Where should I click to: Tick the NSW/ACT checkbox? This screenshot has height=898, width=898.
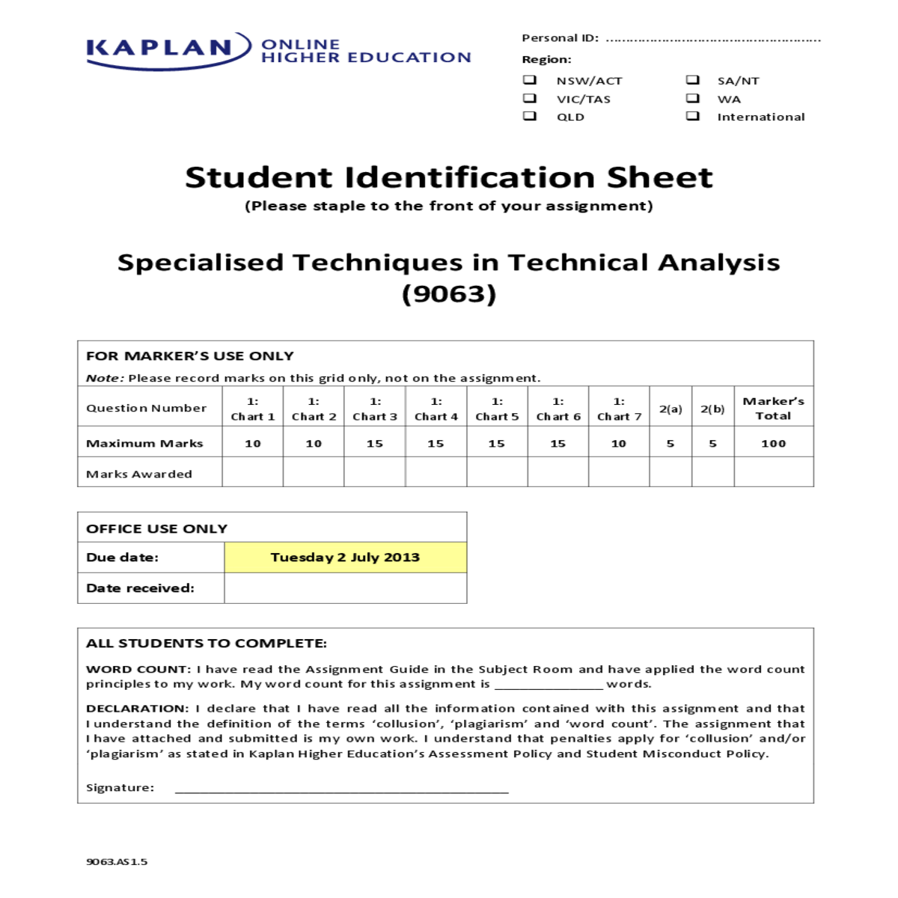point(530,79)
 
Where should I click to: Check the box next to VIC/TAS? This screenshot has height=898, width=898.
point(530,98)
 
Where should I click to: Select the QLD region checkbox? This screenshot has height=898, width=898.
point(530,116)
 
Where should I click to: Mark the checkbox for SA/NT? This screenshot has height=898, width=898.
point(693,79)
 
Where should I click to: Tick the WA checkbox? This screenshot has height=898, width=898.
point(693,98)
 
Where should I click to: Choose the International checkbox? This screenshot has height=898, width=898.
point(693,116)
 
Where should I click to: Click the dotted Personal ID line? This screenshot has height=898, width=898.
point(712,40)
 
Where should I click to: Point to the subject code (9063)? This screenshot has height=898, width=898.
point(449,293)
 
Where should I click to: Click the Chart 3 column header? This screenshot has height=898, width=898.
point(375,409)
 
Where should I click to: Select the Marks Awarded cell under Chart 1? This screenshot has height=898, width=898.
point(253,473)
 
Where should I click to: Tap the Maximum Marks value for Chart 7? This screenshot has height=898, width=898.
point(619,444)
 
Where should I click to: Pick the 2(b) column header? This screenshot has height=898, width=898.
point(712,409)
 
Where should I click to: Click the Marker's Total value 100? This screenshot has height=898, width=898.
point(774,444)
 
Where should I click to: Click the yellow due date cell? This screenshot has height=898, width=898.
point(345,558)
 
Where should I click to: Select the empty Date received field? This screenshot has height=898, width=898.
point(345,588)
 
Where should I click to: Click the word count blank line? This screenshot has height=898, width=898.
point(549,684)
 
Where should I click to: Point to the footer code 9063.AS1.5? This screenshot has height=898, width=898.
point(117,861)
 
